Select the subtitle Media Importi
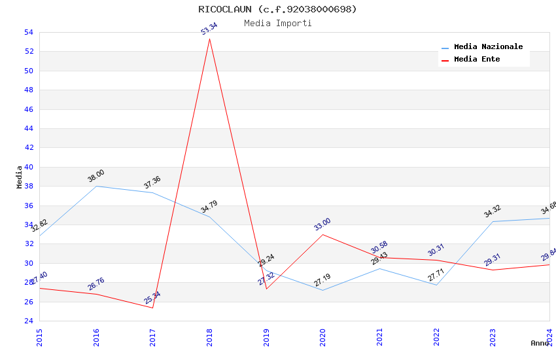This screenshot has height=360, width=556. pos(277,24)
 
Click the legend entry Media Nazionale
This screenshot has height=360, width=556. pos(488,47)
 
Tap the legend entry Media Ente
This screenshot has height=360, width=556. pos(477,60)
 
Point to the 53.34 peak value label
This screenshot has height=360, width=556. pos(209,28)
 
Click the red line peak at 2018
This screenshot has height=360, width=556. pos(209,39)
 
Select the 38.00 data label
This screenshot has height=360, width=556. pos(96,175)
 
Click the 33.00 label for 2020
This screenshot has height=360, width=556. pos(322,225)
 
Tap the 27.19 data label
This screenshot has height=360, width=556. pos(322,280)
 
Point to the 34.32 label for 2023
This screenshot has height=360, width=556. pos(493,211)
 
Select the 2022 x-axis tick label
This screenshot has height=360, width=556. pos(436,336)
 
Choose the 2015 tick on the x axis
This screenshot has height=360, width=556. pos(39,336)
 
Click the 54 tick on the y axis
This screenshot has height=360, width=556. pos(29,32)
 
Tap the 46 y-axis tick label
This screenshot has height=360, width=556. pos(29,109)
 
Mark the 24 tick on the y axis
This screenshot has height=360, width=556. pos(29,321)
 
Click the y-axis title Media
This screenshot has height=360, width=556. pos(20,177)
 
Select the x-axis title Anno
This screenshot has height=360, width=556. pos(540,343)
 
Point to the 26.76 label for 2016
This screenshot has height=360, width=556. pos(96,284)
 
